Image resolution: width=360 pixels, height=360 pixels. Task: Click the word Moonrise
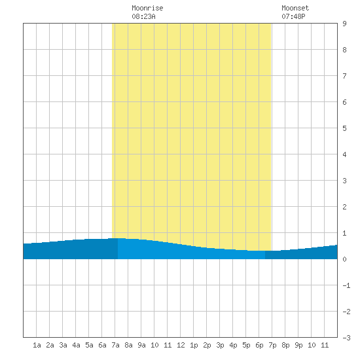tap(147, 8)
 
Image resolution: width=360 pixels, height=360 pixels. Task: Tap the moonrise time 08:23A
tap(143, 16)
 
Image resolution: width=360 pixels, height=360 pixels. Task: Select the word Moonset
tap(295, 8)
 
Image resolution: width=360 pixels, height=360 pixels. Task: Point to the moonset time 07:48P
tap(293, 16)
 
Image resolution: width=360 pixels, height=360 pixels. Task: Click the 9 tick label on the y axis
tap(344, 24)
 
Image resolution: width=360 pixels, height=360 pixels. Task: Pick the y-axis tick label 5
tap(344, 128)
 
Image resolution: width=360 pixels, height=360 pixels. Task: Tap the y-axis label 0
tap(344, 259)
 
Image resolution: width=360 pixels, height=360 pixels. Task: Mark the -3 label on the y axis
tap(346, 338)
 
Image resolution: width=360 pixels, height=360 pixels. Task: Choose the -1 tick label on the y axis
tap(346, 285)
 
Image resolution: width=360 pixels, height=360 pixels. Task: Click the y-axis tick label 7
tap(344, 76)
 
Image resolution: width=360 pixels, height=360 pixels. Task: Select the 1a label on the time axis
tap(37, 345)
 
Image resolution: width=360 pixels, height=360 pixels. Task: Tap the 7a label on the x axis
tap(115, 345)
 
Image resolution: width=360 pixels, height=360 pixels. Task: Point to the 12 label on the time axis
tap(181, 345)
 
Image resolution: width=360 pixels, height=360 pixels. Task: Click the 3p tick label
tap(220, 345)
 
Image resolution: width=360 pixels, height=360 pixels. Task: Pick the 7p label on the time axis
tap(272, 345)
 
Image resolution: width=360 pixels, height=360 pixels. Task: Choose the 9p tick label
tap(298, 345)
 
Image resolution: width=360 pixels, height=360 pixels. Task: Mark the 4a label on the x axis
tap(76, 345)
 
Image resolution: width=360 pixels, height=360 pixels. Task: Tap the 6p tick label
tap(259, 345)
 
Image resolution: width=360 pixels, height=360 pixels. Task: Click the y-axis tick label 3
tap(344, 181)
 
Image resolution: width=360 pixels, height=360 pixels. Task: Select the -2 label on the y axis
tap(346, 312)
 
